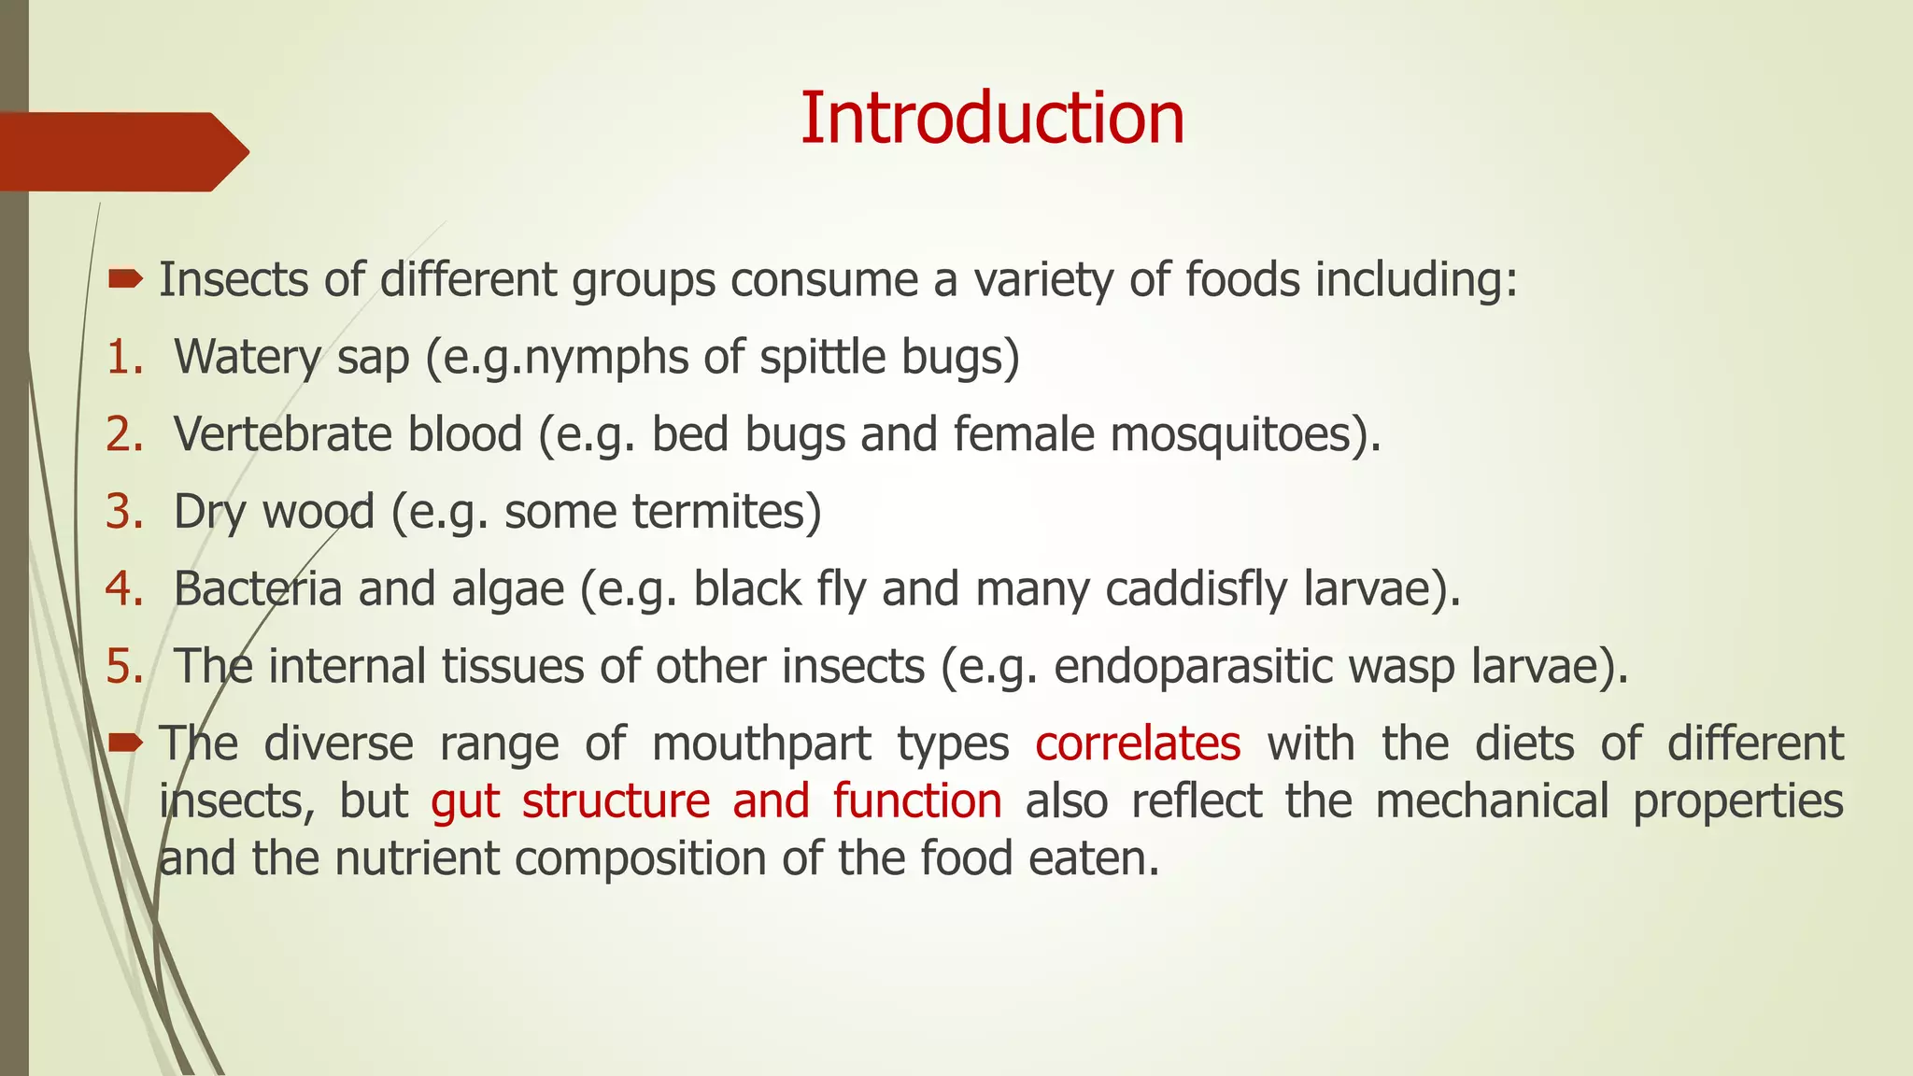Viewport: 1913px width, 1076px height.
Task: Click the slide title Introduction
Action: [992, 119]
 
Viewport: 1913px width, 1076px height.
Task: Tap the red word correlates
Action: [1138, 743]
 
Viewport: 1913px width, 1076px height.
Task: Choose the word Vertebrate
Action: [347, 434]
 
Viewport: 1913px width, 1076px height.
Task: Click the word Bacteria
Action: [258, 589]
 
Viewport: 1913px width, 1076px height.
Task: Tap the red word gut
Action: [465, 801]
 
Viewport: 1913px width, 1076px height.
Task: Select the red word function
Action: [917, 801]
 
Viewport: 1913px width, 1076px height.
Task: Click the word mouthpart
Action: [761, 744]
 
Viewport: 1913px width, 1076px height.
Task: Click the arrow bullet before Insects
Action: [125, 278]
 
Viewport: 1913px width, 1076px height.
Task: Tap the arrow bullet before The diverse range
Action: [125, 743]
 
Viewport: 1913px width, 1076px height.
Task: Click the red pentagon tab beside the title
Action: [121, 151]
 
